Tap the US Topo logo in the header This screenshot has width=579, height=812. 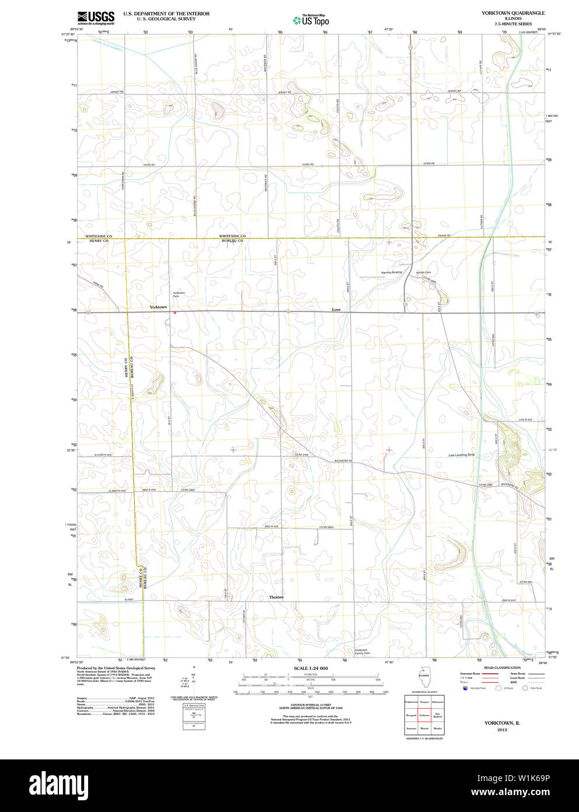(x=311, y=20)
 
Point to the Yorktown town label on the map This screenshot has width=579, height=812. (x=158, y=307)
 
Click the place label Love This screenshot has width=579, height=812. (x=336, y=309)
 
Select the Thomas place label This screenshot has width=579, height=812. (x=276, y=597)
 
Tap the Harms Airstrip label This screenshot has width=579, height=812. (x=392, y=272)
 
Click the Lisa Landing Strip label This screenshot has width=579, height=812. (x=461, y=454)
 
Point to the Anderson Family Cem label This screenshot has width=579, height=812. (x=362, y=651)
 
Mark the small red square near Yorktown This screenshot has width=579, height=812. (x=175, y=312)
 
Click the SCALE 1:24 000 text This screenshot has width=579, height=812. (x=311, y=668)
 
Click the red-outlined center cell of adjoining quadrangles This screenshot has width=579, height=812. (x=424, y=715)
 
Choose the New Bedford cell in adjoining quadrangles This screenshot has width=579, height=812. (x=438, y=715)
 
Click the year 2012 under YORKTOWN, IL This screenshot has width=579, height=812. (x=502, y=730)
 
